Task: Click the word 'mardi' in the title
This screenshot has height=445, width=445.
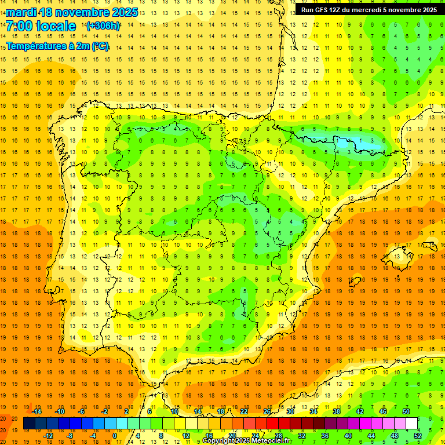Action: click(x=22, y=12)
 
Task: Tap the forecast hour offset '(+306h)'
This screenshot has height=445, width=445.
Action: click(x=103, y=26)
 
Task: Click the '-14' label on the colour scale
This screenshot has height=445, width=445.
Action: click(x=37, y=411)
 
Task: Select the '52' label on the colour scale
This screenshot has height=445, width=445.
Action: click(x=418, y=436)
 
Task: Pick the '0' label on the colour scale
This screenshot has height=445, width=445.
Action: click(x=115, y=436)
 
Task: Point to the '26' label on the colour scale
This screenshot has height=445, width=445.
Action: click(x=267, y=411)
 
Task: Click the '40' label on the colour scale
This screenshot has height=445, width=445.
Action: click(x=348, y=436)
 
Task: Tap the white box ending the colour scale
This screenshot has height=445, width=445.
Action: click(x=412, y=424)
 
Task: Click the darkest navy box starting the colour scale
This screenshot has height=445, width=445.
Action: click(x=29, y=424)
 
